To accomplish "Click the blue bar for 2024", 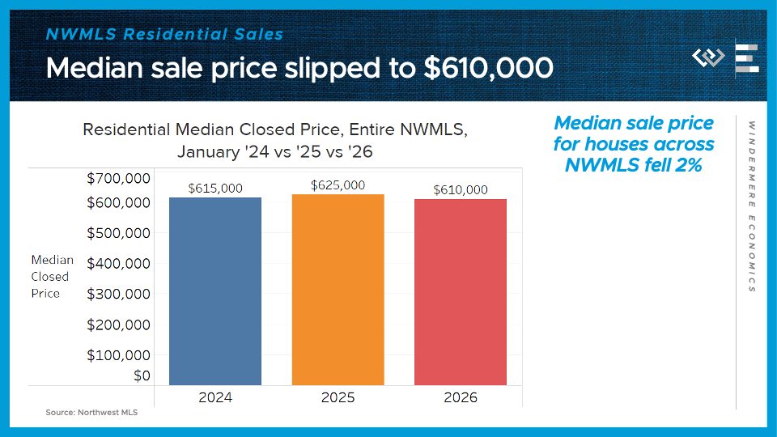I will click(x=215, y=291).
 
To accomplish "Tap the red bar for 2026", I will click(x=461, y=292).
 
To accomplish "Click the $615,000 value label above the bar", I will click(x=215, y=188).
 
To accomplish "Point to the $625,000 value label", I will click(x=338, y=185).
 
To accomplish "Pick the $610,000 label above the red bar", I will click(x=461, y=189).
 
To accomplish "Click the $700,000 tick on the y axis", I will click(x=118, y=178).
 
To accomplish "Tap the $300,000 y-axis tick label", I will click(x=118, y=294).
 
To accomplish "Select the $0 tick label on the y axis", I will click(x=142, y=375).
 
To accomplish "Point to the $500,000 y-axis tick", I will click(x=118, y=233).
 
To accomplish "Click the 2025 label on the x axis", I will click(x=338, y=397).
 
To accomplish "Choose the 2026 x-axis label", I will click(x=461, y=397).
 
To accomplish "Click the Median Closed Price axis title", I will click(x=52, y=277).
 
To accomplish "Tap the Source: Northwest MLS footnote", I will click(x=91, y=413).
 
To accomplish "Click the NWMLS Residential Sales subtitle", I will click(x=165, y=34).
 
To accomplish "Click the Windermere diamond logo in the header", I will click(x=708, y=58).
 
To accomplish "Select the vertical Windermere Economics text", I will click(x=752, y=206).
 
